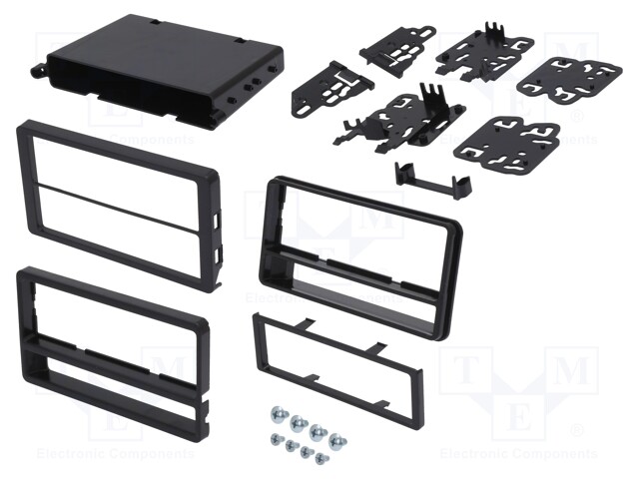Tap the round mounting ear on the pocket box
(43, 71)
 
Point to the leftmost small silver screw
(274, 438)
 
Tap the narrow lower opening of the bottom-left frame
(110, 377)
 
